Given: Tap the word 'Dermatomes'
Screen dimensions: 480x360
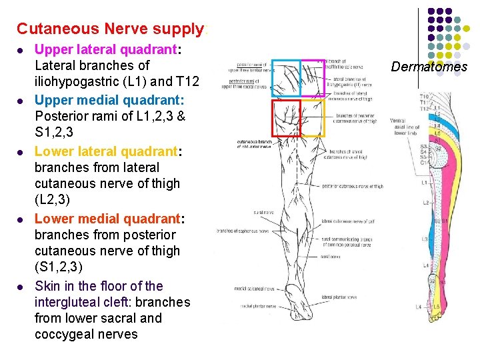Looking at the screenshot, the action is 429,67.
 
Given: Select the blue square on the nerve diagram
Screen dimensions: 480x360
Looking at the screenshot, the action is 286,79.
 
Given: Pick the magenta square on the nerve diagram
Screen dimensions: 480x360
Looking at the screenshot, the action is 313,79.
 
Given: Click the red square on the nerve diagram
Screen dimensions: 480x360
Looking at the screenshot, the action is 286,117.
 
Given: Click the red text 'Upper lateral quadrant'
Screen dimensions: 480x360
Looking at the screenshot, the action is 107,49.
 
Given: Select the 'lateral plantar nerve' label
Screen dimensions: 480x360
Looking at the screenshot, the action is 336,297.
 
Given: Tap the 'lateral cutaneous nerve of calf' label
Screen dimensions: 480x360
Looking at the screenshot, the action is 344,221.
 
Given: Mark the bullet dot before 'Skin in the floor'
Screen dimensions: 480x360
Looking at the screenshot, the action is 21,287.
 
